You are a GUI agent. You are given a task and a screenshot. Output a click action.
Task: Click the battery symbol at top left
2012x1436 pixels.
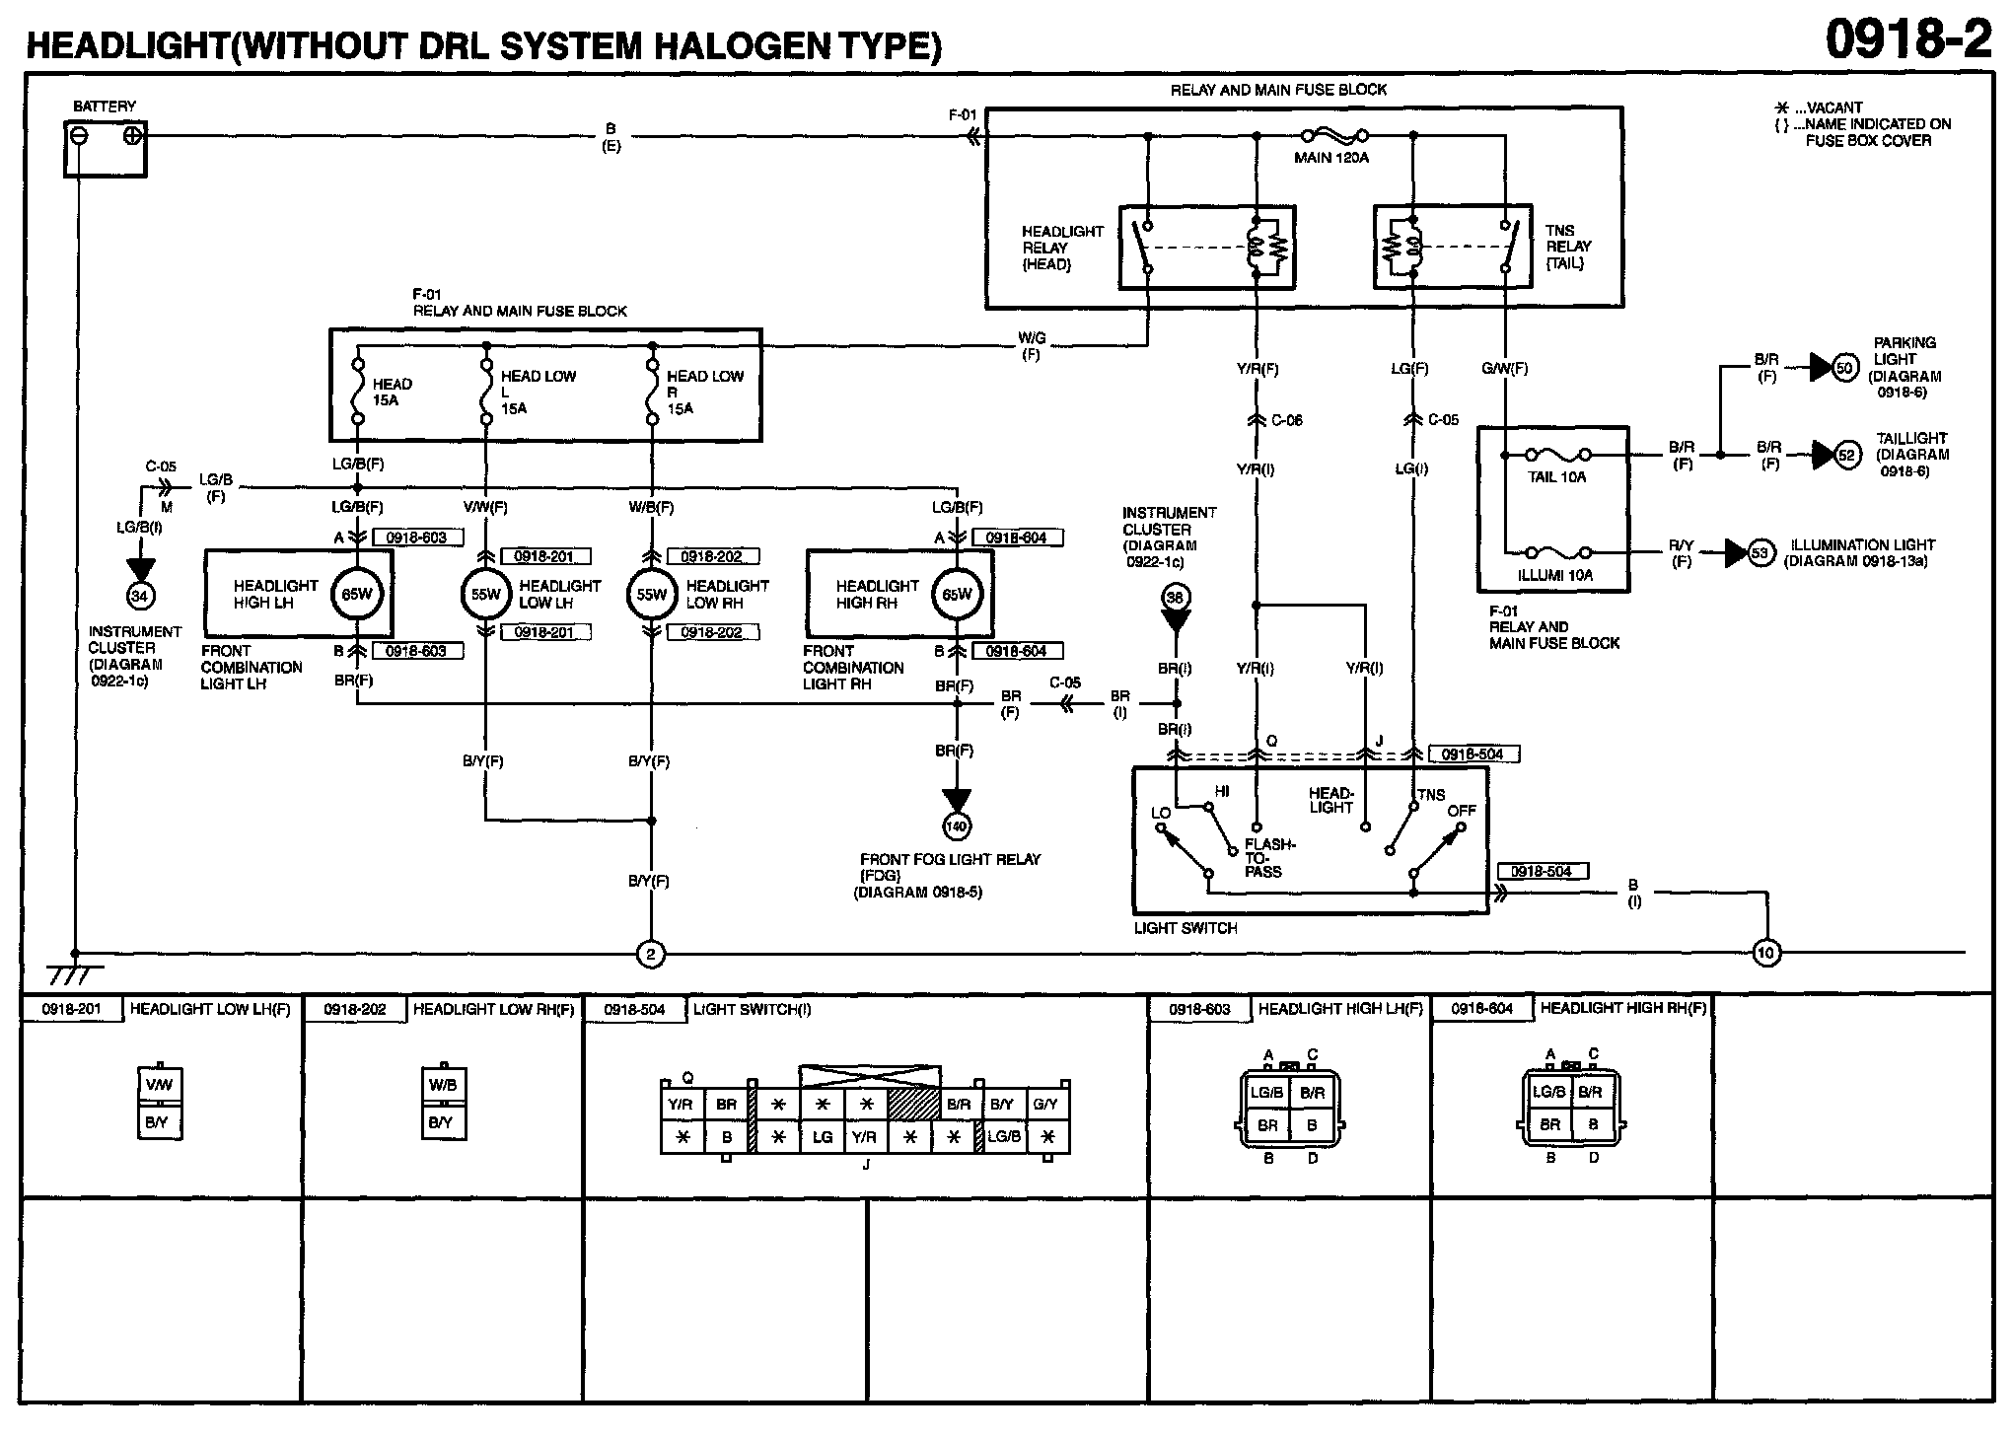106,148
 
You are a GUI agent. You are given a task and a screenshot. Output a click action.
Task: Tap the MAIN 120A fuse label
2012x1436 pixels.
1331,157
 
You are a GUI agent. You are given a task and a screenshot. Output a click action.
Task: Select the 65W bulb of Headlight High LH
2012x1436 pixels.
357,595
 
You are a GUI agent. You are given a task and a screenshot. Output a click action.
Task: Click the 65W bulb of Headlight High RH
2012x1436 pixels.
957,595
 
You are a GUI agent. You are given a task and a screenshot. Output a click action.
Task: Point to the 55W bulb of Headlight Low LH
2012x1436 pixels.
485,595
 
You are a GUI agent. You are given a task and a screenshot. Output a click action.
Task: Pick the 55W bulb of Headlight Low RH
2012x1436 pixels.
651,595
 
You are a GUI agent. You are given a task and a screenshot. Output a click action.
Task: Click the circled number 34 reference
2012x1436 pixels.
140,595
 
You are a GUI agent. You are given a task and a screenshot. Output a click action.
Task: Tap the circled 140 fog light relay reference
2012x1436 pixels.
956,825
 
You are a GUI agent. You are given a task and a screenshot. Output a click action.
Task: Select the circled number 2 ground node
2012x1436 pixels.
650,954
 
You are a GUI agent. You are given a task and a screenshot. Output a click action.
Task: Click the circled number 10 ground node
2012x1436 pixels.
1765,953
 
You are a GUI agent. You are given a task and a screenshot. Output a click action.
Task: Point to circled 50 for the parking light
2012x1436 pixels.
1845,369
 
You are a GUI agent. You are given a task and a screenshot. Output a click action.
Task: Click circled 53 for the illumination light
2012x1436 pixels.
1760,553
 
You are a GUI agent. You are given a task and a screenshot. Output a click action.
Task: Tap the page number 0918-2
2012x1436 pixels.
1907,39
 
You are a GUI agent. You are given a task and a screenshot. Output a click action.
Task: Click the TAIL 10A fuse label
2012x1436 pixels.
1556,477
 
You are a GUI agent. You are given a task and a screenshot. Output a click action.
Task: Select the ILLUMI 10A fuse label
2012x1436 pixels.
1555,575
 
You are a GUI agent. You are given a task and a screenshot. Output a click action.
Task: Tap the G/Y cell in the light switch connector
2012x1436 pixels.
1045,1105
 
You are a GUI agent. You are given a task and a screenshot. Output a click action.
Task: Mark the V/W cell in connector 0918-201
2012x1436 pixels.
159,1086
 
